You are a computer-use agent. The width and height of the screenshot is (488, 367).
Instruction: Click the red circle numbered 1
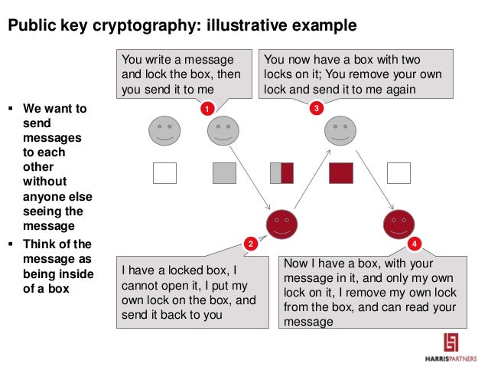click(205, 110)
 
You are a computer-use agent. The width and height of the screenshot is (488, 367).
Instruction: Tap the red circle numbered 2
click(250, 244)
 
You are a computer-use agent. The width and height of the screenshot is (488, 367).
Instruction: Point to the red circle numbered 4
click(414, 244)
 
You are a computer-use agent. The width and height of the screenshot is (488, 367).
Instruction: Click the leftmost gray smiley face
click(164, 130)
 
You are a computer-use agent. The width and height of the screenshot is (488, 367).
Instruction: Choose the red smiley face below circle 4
click(398, 223)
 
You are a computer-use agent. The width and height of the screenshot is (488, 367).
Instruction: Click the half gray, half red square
click(281, 173)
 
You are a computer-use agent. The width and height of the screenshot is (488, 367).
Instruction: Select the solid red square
click(340, 173)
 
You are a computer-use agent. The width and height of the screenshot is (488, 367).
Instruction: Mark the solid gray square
click(223, 173)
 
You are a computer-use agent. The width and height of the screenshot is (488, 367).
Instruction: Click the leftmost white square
click(164, 173)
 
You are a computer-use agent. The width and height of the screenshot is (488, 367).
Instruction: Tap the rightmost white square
click(399, 173)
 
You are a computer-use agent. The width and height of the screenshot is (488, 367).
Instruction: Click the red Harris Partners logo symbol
click(454, 340)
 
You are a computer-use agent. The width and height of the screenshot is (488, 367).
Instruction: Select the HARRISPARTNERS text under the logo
click(454, 358)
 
